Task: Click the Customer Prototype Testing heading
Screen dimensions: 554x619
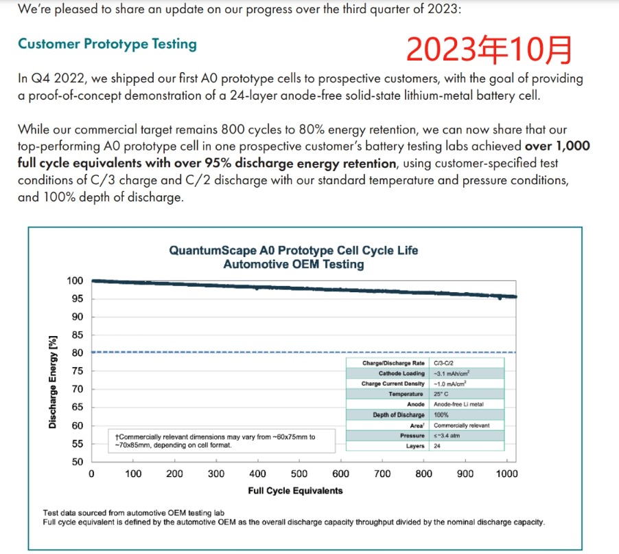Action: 107,44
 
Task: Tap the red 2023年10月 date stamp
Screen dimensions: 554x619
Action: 489,50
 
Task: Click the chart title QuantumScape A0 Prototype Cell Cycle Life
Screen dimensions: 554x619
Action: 293,250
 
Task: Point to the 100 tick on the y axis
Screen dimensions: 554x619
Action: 75,280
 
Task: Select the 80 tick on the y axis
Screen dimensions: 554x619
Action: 76,353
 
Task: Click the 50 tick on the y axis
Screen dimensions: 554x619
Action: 76,462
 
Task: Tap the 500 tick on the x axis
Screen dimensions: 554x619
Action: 299,474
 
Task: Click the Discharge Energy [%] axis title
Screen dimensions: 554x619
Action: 53,381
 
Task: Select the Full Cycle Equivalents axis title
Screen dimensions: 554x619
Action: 295,491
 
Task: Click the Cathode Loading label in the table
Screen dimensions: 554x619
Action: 401,373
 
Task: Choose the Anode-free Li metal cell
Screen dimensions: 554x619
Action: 458,404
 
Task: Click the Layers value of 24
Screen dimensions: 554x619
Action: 437,446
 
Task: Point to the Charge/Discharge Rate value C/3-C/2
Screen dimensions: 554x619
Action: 445,363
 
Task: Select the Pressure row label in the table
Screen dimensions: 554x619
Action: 412,436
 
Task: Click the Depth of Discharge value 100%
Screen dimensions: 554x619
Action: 441,414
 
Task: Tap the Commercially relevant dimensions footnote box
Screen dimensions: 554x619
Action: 217,441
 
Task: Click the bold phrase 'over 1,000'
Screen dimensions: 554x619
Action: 557,146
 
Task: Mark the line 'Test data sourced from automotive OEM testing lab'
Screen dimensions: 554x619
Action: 133,513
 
